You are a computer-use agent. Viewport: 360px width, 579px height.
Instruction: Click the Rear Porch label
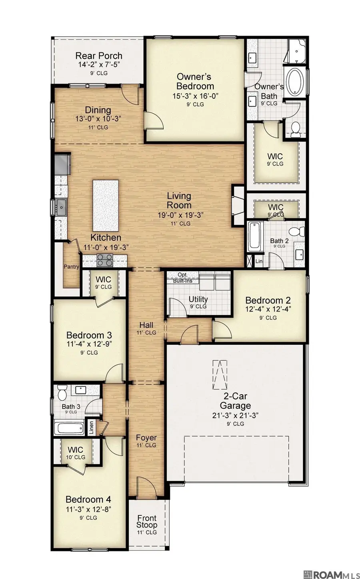click(x=99, y=56)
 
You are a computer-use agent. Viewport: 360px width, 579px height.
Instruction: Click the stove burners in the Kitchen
click(x=105, y=260)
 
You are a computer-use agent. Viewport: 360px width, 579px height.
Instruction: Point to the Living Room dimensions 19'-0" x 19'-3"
click(x=179, y=215)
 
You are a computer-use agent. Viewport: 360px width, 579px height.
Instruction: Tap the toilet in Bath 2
click(x=295, y=232)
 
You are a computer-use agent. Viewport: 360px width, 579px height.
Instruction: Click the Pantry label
click(x=72, y=267)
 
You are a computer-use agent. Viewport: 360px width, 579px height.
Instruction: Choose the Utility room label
click(x=198, y=299)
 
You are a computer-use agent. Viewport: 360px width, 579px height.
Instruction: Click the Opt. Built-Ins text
click(x=182, y=278)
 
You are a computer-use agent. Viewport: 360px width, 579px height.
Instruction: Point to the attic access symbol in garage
click(x=219, y=374)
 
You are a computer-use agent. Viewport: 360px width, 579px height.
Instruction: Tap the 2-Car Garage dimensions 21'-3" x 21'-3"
click(x=236, y=415)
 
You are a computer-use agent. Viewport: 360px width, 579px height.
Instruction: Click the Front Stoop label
click(x=146, y=521)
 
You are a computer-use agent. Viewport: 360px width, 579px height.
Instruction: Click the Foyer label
click(x=146, y=437)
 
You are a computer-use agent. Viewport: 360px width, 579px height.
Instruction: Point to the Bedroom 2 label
click(x=268, y=300)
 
